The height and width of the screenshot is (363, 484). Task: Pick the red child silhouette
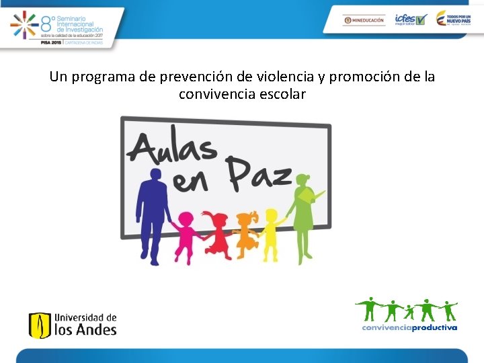pos(218,233)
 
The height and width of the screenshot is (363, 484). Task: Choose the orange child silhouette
pos(246,233)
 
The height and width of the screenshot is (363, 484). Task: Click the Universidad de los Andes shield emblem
pos(40,325)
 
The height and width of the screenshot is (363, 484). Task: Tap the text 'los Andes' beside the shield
pos(85,330)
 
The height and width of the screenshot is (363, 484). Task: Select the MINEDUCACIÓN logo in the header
pos(364,20)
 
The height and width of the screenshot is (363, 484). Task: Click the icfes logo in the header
pos(410,19)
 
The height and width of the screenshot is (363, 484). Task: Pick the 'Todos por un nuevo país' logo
pos(452,19)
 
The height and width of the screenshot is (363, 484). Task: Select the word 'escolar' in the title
pos(282,94)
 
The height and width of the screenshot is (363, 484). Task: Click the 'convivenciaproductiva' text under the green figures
pos(409,328)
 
